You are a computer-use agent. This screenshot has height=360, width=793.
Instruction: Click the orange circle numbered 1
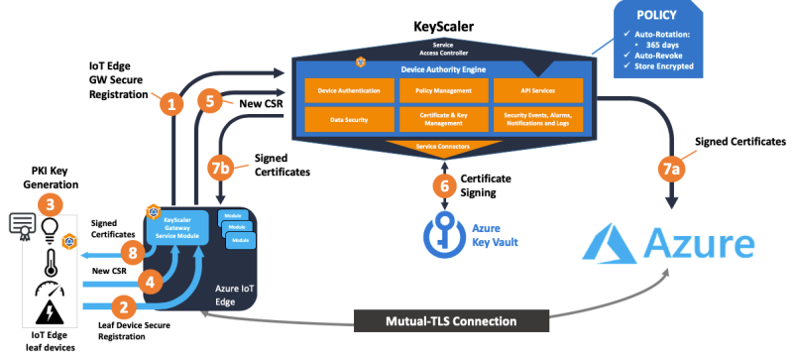click(x=173, y=103)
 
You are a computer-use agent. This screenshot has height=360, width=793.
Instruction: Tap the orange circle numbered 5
click(x=207, y=101)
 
